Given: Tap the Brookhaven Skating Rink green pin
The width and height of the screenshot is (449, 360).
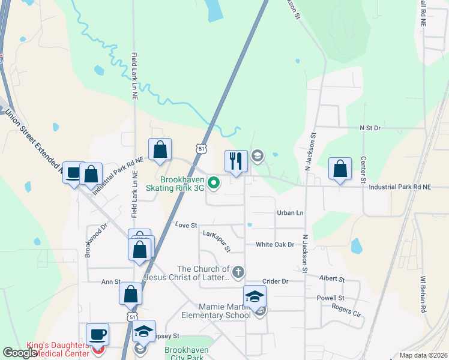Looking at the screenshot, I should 213,182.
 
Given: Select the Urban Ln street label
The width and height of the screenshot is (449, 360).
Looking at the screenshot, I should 291,213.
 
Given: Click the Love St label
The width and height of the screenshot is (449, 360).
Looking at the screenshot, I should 186,225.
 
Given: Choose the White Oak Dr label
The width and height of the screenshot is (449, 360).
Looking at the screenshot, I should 275,244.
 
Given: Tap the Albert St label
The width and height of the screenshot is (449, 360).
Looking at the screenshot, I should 332,279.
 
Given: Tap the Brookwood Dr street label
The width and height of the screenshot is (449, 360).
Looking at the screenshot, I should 88,240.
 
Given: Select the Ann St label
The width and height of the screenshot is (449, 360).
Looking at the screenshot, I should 111,281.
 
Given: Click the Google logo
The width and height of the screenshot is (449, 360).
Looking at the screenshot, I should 20,353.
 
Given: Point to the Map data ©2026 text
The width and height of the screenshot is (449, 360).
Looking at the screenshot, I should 423,355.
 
